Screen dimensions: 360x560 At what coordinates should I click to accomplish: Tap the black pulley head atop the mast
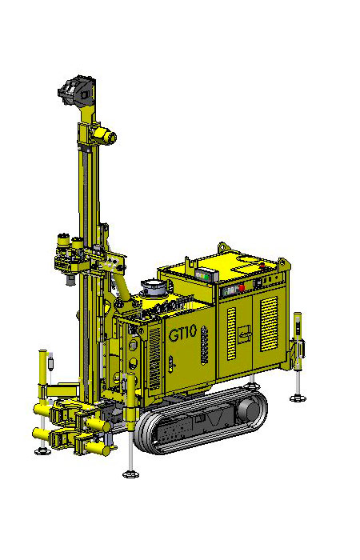[77, 91]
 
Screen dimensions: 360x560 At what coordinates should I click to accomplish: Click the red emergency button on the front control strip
[242, 287]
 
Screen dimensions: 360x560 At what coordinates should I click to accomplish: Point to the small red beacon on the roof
[262, 265]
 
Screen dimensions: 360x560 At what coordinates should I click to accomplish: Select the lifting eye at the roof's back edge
[223, 246]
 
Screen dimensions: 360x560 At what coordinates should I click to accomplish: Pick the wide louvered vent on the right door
[269, 323]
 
